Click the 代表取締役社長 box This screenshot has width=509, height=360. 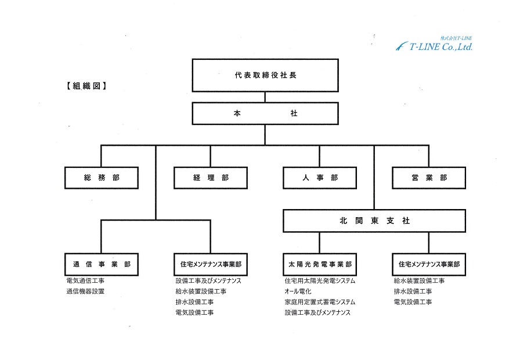pyautogui.click(x=265, y=75)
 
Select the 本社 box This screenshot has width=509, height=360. pyautogui.click(x=265, y=113)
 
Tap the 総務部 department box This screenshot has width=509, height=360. pyautogui.click(x=102, y=178)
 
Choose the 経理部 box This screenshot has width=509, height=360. pyautogui.click(x=211, y=178)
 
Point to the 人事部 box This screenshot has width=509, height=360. pyautogui.click(x=320, y=178)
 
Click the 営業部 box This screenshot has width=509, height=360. pyautogui.click(x=429, y=178)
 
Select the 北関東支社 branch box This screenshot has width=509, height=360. pyautogui.click(x=374, y=221)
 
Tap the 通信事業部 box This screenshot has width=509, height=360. pyautogui.click(x=102, y=264)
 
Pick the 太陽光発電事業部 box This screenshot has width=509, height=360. pyautogui.click(x=320, y=264)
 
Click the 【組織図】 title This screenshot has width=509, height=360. pyautogui.click(x=86, y=86)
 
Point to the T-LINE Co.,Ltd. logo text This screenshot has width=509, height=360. pyautogui.click(x=441, y=47)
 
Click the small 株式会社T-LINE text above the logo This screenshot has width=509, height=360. pyautogui.click(x=456, y=38)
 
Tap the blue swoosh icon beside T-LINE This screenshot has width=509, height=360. pyautogui.click(x=402, y=46)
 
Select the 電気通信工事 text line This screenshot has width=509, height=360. pyautogui.click(x=85, y=281)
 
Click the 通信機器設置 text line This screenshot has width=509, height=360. pyautogui.click(x=85, y=291)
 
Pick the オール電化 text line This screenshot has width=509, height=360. pyautogui.click(x=298, y=291)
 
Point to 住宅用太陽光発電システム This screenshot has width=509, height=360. pyautogui.click(x=320, y=281)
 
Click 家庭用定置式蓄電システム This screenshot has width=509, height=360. pyautogui.click(x=320, y=302)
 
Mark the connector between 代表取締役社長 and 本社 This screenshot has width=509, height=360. pyautogui.click(x=265, y=98)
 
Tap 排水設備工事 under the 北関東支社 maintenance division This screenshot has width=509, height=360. pyautogui.click(x=413, y=291)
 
